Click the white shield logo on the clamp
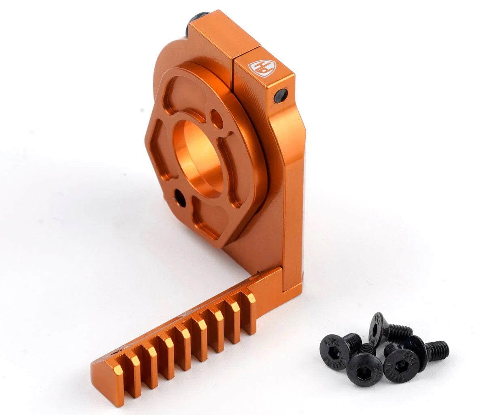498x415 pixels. [262, 68]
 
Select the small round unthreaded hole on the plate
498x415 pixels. [217, 119]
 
